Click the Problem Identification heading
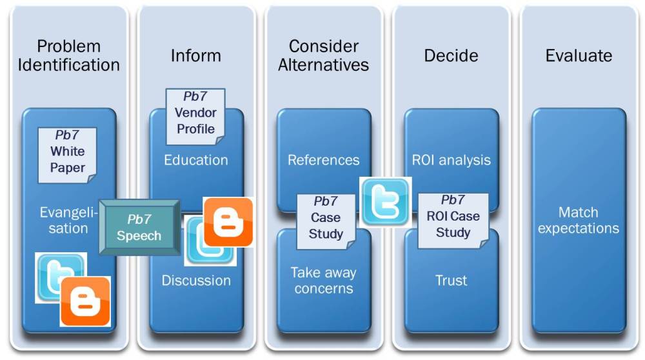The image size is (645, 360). [69, 55]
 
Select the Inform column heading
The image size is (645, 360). [196, 55]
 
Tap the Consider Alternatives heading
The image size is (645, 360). [323, 55]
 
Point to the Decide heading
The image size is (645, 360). [451, 55]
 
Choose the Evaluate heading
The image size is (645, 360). [579, 55]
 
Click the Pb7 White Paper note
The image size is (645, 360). [67, 155]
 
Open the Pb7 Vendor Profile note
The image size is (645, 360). [195, 116]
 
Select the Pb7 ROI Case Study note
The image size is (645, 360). [453, 221]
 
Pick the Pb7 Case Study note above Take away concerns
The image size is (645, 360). [326, 222]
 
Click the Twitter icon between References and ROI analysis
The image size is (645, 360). [386, 201]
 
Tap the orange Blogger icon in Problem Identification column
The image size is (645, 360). [85, 301]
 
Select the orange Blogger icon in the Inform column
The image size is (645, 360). [228, 222]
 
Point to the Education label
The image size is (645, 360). [196, 160]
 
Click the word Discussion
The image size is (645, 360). [196, 281]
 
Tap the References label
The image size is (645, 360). [323, 160]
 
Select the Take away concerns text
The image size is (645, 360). [323, 280]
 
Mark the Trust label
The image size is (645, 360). [451, 281]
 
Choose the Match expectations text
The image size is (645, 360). [579, 220]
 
